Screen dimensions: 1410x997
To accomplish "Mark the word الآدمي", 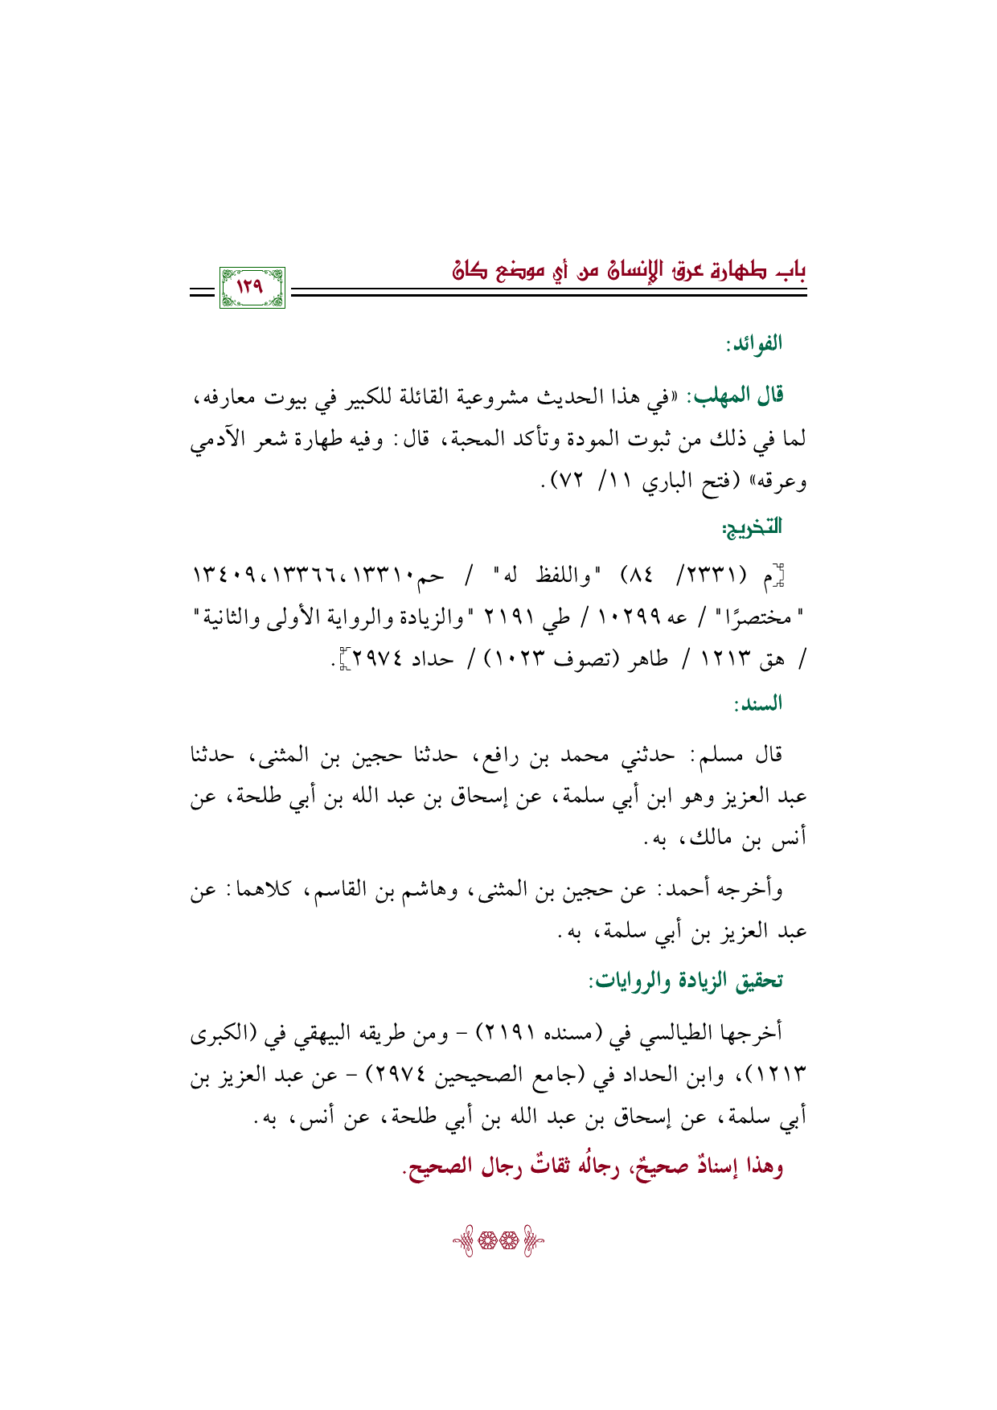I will [216, 439].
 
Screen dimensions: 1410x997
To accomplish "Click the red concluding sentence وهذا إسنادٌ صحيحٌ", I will [593, 1167].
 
